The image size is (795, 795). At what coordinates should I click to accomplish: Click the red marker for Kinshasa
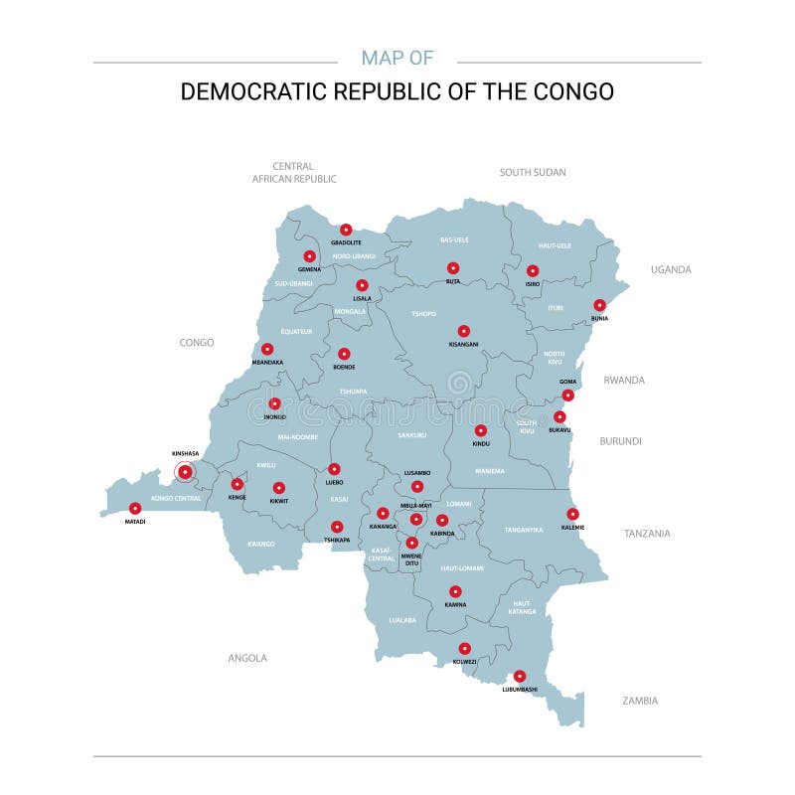coord(185,472)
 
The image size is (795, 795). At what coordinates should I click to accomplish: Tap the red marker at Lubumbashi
coord(520,676)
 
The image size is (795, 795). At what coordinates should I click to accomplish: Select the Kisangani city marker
coord(463,331)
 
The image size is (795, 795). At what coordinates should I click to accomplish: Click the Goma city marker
coord(567,395)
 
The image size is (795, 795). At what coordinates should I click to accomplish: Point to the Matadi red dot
coord(135,508)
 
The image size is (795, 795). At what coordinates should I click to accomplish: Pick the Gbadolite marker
coord(346,230)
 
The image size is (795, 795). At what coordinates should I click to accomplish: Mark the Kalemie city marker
coord(572,514)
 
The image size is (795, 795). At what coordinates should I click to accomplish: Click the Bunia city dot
coord(599,305)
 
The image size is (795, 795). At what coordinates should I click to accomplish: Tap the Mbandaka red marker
coord(267,349)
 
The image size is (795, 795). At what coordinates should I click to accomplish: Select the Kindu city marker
coord(481,430)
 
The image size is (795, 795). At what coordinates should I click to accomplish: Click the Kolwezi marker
coord(464,648)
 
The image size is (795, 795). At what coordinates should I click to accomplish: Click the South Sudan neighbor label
coord(533,172)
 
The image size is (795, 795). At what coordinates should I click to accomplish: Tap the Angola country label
coord(247,658)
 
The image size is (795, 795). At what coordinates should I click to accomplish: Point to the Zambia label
coord(640,701)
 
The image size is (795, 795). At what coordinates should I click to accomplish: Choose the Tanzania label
coord(647,534)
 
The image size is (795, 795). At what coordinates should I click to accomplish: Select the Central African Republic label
coord(294,173)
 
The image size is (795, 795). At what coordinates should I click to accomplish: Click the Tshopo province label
coord(424,314)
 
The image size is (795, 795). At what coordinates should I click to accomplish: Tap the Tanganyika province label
coord(524,530)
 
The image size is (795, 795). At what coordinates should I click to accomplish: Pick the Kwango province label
coord(260,545)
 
